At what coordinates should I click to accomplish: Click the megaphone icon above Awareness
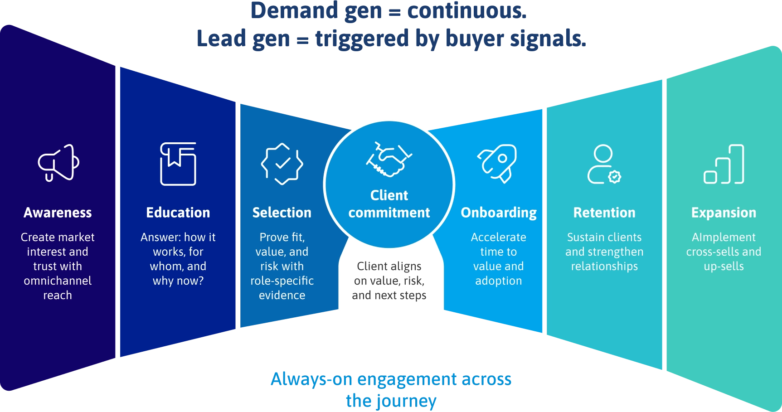tap(58, 163)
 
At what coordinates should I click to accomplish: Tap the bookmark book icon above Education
tap(178, 164)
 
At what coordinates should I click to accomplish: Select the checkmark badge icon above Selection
tap(282, 164)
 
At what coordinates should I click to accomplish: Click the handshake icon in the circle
tap(389, 160)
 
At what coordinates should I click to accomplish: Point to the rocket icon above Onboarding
tap(498, 163)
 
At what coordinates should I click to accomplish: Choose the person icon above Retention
tap(604, 164)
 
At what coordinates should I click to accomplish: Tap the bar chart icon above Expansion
tap(724, 164)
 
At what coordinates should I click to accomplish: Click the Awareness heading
tap(58, 213)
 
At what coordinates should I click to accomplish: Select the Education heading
tap(178, 213)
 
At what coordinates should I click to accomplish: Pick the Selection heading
tap(282, 213)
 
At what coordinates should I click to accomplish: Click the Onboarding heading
tap(499, 213)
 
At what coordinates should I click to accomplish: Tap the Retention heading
tap(604, 213)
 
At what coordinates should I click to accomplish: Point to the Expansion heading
tap(724, 213)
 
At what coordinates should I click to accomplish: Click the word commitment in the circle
tap(389, 213)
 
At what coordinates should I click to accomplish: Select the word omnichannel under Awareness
tap(58, 281)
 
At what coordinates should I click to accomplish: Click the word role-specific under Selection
tap(282, 281)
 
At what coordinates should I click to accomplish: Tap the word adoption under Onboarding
tap(499, 281)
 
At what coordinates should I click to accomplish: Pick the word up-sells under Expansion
tap(724, 266)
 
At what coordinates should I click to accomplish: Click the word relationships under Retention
tap(604, 266)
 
